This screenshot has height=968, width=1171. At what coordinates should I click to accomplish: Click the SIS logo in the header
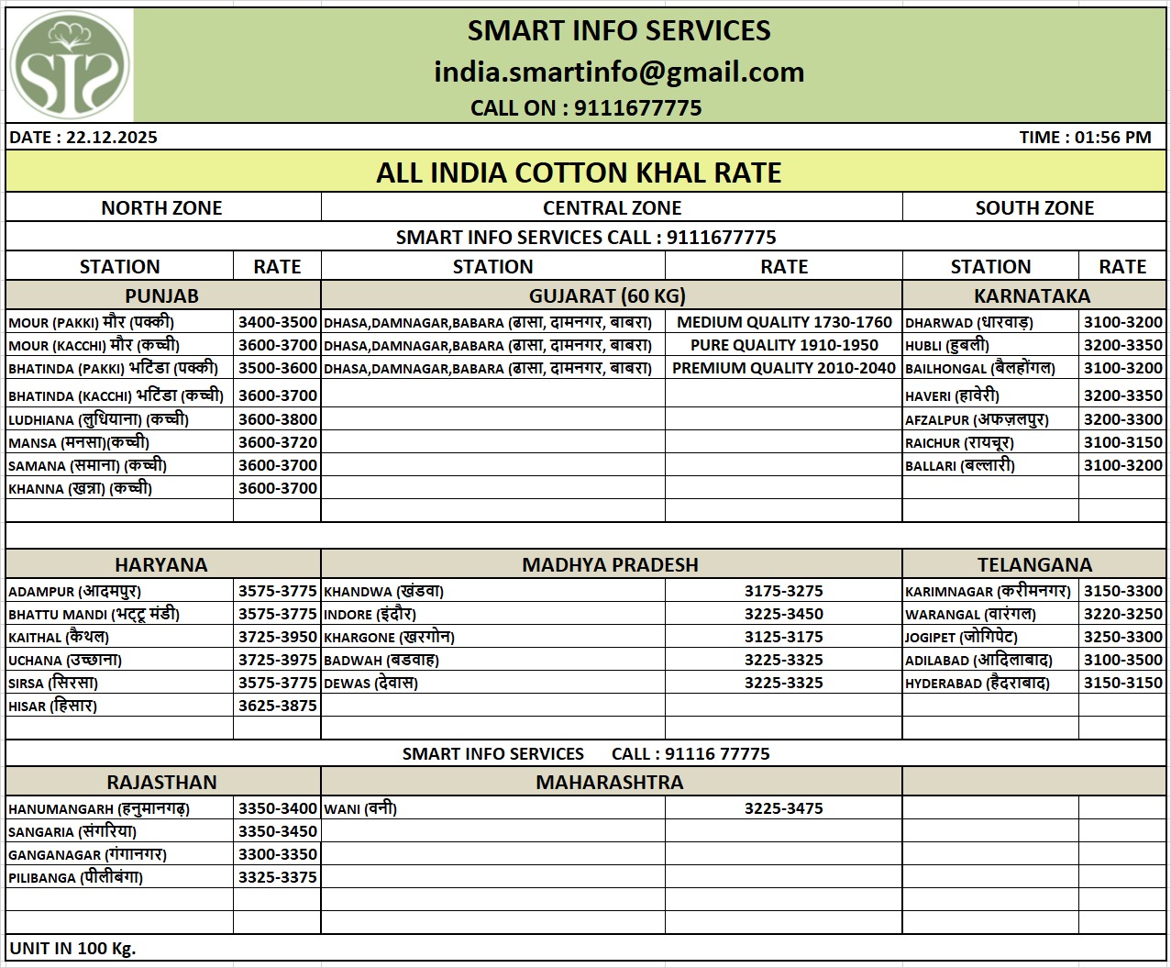[70, 65]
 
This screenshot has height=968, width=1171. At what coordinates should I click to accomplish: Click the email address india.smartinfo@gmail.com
[619, 72]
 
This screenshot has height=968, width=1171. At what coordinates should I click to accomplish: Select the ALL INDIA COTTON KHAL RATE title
[579, 172]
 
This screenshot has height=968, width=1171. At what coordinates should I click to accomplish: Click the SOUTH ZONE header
[1034, 208]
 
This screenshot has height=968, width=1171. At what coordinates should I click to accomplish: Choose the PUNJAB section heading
[161, 296]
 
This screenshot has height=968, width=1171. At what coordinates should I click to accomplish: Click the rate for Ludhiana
[277, 419]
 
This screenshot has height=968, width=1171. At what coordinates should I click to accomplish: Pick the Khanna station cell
[81, 488]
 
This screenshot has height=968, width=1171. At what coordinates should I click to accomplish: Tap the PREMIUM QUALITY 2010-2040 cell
[784, 368]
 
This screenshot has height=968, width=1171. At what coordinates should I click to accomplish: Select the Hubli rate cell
[1122, 345]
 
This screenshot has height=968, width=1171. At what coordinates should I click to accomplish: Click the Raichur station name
[959, 442]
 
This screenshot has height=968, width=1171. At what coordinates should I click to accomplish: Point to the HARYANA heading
[161, 565]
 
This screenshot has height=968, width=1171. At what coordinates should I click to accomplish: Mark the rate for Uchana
[277, 660]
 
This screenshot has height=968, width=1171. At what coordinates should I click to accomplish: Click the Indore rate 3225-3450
[784, 614]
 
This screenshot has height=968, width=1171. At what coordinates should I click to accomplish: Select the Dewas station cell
[370, 683]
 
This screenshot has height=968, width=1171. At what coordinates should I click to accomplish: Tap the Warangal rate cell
[1122, 614]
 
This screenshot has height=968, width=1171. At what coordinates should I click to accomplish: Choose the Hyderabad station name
[978, 683]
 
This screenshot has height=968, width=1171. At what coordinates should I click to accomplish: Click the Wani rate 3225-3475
[784, 808]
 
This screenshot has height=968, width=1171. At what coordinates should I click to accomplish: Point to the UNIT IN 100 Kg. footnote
[72, 948]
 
